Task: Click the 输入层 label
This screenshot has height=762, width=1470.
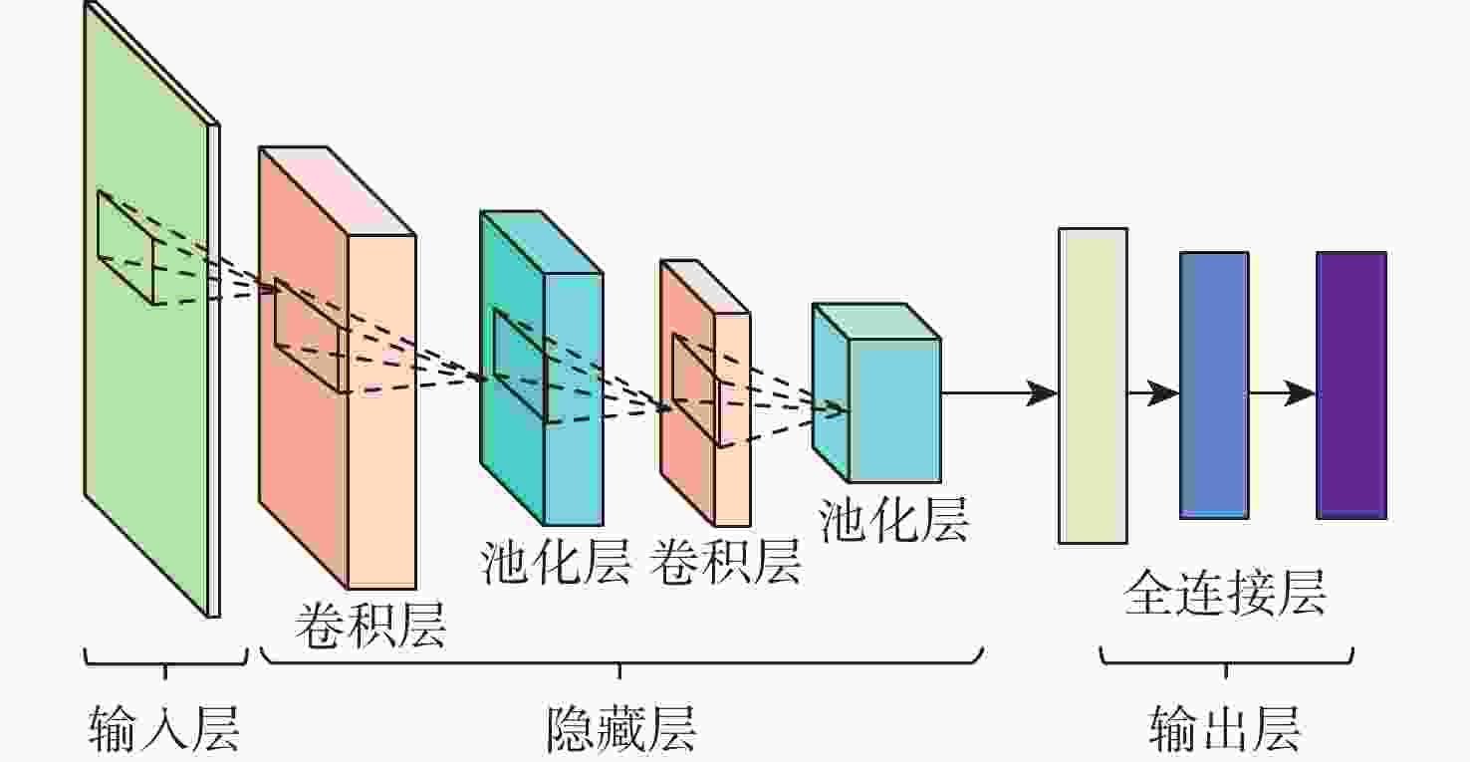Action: (164, 728)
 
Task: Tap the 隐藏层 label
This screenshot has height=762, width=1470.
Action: (620, 728)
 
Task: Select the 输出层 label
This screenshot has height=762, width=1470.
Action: (1225, 728)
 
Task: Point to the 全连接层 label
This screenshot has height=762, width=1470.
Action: (1225, 592)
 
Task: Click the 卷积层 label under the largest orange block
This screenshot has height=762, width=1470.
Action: (370, 626)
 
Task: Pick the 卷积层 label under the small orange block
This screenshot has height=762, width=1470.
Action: (725, 561)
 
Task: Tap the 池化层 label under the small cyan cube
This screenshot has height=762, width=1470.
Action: (893, 519)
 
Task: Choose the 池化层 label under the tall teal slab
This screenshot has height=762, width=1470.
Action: (555, 561)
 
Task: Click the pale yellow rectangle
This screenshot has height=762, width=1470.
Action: (1093, 385)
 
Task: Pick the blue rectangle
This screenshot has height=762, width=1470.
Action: (1214, 385)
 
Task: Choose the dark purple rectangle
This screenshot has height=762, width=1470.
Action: (1351, 385)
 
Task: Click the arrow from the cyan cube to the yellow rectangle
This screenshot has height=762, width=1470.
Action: (1000, 393)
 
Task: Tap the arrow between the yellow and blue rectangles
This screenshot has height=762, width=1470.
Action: (1153, 393)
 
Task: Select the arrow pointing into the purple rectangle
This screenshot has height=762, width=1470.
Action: (1283, 393)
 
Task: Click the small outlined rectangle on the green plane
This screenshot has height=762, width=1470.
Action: (126, 248)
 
